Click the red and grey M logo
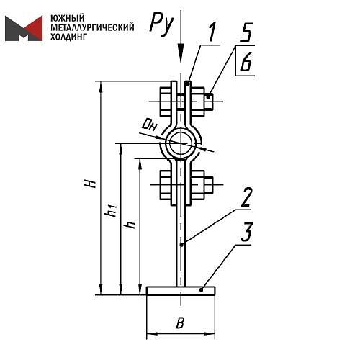(x=24, y=28)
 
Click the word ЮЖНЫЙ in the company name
(x=68, y=18)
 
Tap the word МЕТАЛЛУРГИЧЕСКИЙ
(x=92, y=27)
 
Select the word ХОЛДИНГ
(x=68, y=37)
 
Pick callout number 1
(x=212, y=32)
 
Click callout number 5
(x=246, y=32)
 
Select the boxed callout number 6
(x=246, y=61)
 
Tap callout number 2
(x=246, y=197)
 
